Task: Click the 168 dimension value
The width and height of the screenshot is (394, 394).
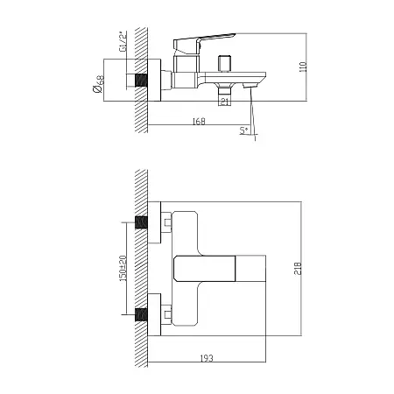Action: click(x=199, y=121)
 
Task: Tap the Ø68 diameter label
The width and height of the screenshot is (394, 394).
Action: click(x=98, y=84)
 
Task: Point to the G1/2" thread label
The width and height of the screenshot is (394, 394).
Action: click(x=123, y=41)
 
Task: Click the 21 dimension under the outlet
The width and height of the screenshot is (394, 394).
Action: click(x=224, y=102)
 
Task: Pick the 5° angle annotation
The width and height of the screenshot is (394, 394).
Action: click(x=244, y=130)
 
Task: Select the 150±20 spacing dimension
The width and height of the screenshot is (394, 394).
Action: click(x=123, y=268)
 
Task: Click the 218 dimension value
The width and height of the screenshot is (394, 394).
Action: click(x=298, y=268)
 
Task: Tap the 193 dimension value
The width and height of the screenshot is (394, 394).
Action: click(x=207, y=358)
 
